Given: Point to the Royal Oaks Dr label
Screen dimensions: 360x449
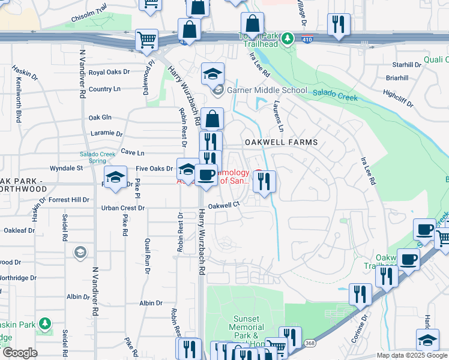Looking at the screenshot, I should pos(109,72).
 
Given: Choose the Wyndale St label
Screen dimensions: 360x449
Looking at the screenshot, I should pos(66,169).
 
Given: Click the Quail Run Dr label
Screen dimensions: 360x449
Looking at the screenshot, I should pos(147,257).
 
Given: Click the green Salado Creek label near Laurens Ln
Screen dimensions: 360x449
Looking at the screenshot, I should pos(334,94).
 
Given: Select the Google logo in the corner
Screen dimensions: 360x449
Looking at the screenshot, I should pos(20,353).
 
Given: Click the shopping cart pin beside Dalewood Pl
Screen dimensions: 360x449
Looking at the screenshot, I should pos(146,40).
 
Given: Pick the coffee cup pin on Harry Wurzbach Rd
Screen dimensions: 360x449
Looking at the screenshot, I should pos(206,175).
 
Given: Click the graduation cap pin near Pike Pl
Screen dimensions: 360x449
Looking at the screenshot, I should pos(115,177).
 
